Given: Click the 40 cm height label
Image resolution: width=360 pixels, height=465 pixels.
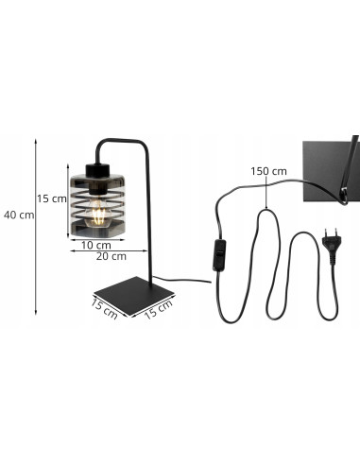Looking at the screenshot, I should click(18, 215).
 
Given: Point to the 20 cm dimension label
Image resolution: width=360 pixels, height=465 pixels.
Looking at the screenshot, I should click(111, 256).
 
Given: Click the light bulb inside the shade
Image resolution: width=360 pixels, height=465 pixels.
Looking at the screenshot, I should click(96, 210).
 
